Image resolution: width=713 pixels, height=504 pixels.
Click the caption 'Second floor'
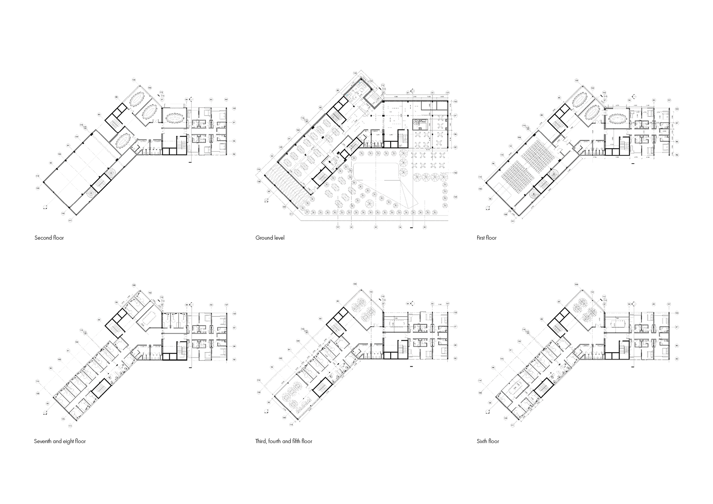click(x=49, y=238)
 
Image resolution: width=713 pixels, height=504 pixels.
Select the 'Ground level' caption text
click(x=270, y=238)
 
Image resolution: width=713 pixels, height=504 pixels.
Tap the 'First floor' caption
click(x=486, y=238)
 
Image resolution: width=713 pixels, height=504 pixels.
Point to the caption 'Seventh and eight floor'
click(x=60, y=441)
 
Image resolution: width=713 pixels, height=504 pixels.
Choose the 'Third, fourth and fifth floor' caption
click(x=284, y=441)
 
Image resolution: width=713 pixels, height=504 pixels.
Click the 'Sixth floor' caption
click(x=488, y=441)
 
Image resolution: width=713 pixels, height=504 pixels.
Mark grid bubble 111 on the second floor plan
click(x=70, y=220)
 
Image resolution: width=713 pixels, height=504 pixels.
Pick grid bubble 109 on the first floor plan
click(x=577, y=81)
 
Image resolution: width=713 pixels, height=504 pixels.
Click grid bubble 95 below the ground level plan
click(x=425, y=227)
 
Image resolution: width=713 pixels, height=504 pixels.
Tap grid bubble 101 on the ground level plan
click(x=455, y=197)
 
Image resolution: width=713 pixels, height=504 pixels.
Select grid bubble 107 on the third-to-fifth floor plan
click(x=447, y=304)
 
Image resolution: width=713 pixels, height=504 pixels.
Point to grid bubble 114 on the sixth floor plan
click(x=480, y=381)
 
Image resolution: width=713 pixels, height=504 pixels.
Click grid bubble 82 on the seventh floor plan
click(x=234, y=360)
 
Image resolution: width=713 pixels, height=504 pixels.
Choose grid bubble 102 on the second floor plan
click(x=150, y=88)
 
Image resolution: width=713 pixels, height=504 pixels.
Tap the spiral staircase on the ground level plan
click(x=420, y=124)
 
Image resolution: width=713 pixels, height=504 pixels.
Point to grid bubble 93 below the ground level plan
click(x=376, y=227)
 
